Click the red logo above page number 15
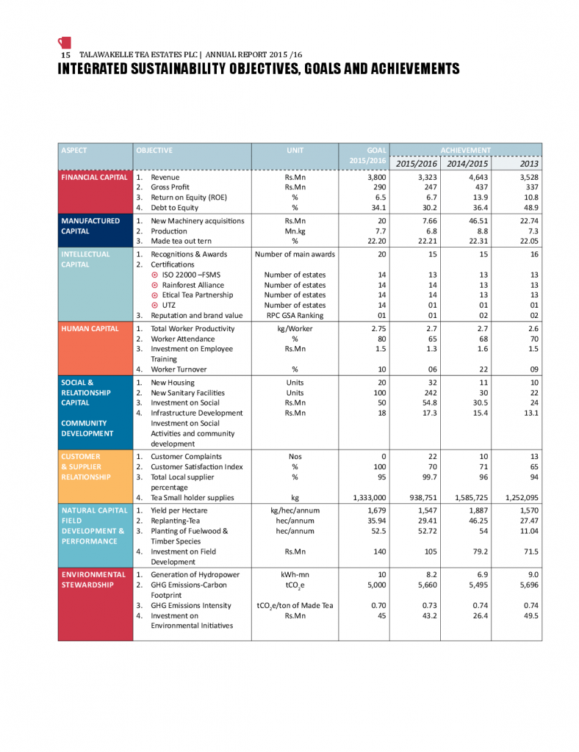click(64, 42)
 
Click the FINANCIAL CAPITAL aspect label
click(93, 177)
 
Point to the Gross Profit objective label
click(170, 188)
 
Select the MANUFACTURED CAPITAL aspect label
click(91, 225)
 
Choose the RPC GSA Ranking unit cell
click(294, 316)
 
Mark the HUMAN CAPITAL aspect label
click(90, 328)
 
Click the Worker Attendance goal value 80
click(381, 339)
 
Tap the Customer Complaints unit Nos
click(294, 457)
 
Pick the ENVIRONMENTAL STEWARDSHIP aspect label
click(93, 579)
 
